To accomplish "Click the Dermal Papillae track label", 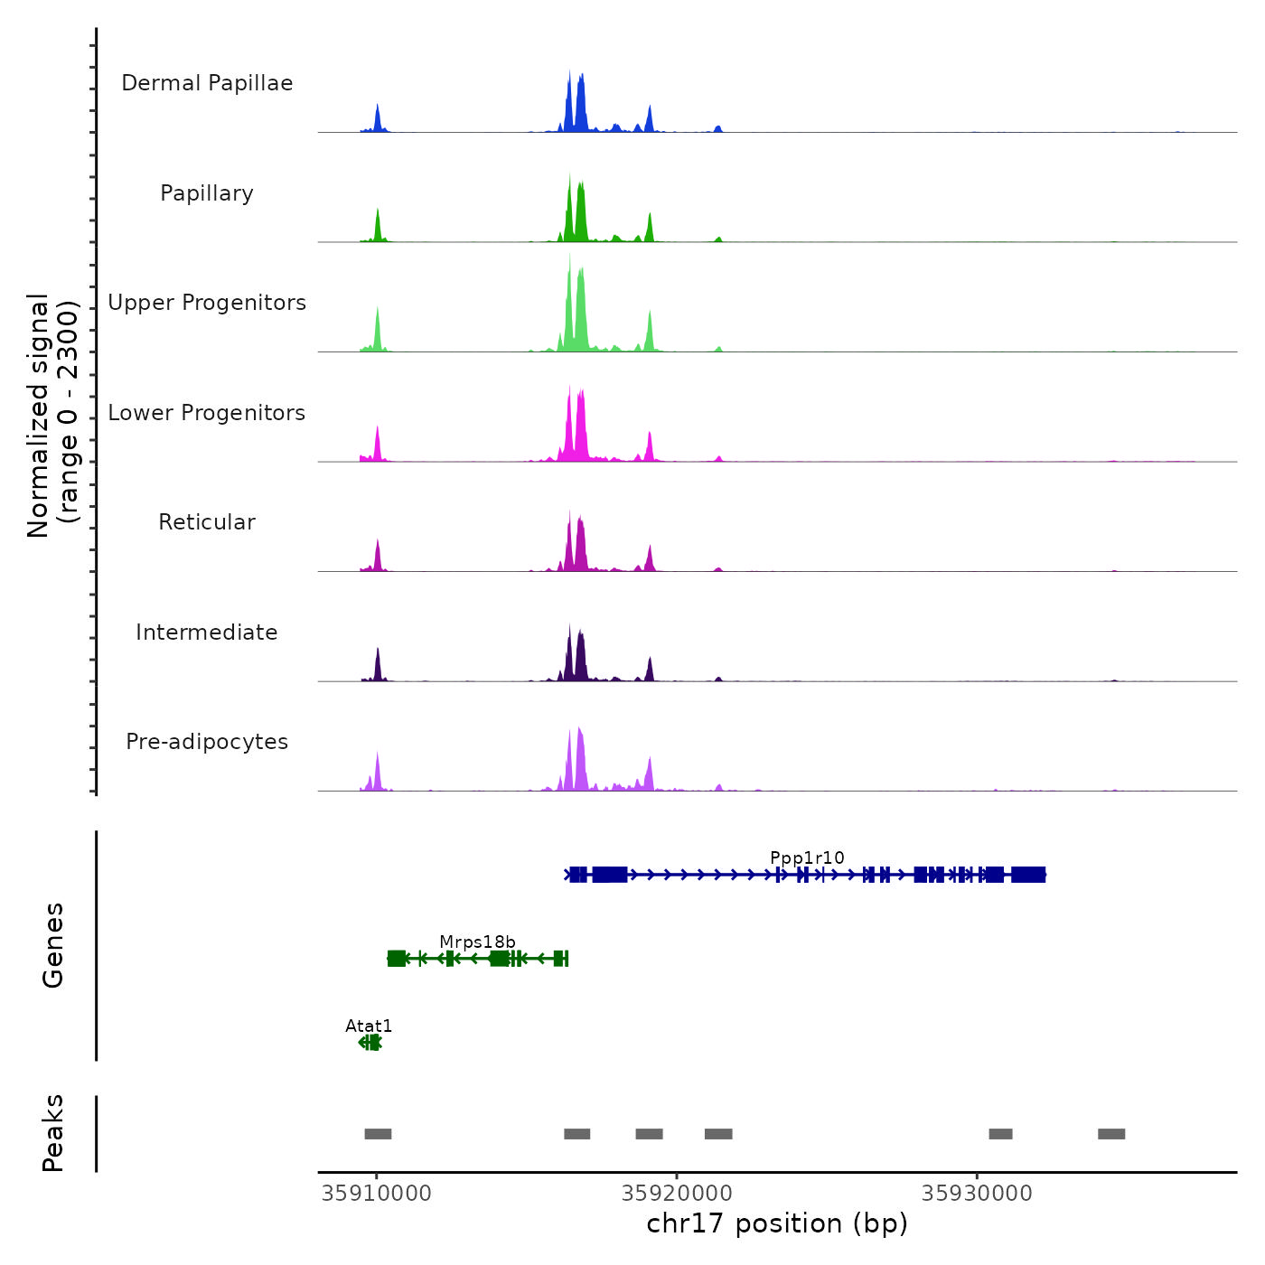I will [207, 83].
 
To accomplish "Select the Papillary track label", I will [207, 193].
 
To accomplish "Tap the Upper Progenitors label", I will [207, 303].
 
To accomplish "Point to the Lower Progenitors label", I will [207, 413].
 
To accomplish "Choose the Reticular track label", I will [207, 522].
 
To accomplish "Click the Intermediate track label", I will [207, 632].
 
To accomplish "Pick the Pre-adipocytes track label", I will [207, 742].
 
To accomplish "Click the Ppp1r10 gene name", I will [807, 857].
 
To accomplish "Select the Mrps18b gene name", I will [477, 942].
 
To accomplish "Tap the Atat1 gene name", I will [369, 1026].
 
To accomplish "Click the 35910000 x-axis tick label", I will [377, 1193].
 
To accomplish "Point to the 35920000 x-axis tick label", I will [677, 1193].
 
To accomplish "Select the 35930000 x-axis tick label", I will [977, 1193].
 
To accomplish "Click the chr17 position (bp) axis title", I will [777, 1223].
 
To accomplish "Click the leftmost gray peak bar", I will [378, 1134].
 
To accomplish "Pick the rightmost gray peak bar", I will [1111, 1134].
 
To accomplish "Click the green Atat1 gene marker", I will [370, 1043].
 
